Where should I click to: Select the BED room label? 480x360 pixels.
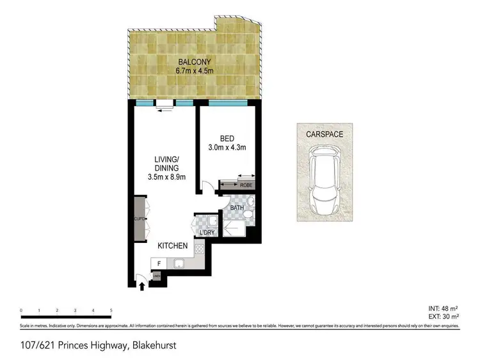pyautogui.click(x=227, y=138)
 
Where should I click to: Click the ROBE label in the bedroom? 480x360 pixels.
pyautogui.click(x=246, y=185)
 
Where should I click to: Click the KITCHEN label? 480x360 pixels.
pyautogui.click(x=173, y=246)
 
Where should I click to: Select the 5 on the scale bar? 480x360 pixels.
pyautogui.click(x=111, y=310)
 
